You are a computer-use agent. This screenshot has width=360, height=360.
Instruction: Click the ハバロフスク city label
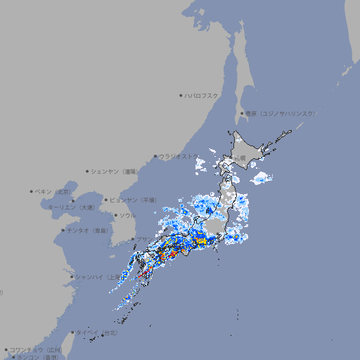pos(202,95)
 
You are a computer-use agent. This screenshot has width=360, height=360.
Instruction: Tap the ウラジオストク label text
pos(178,157)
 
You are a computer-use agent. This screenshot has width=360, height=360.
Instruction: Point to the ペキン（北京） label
pos(53,191)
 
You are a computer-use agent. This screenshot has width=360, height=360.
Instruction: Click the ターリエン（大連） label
pos(71,207)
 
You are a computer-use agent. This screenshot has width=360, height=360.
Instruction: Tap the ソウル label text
pos(127,215)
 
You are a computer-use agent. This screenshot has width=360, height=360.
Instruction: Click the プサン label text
pos(143,239)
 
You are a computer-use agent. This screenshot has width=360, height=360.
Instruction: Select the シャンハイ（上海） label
pos(98,277)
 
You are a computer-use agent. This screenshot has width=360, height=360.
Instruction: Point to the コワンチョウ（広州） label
pos(36,349)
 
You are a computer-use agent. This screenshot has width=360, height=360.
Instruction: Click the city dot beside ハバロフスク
pos(181,95)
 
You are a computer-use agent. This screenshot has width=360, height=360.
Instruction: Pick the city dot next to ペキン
pos(32,191)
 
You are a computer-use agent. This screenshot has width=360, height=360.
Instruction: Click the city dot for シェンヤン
pos(88,171)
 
